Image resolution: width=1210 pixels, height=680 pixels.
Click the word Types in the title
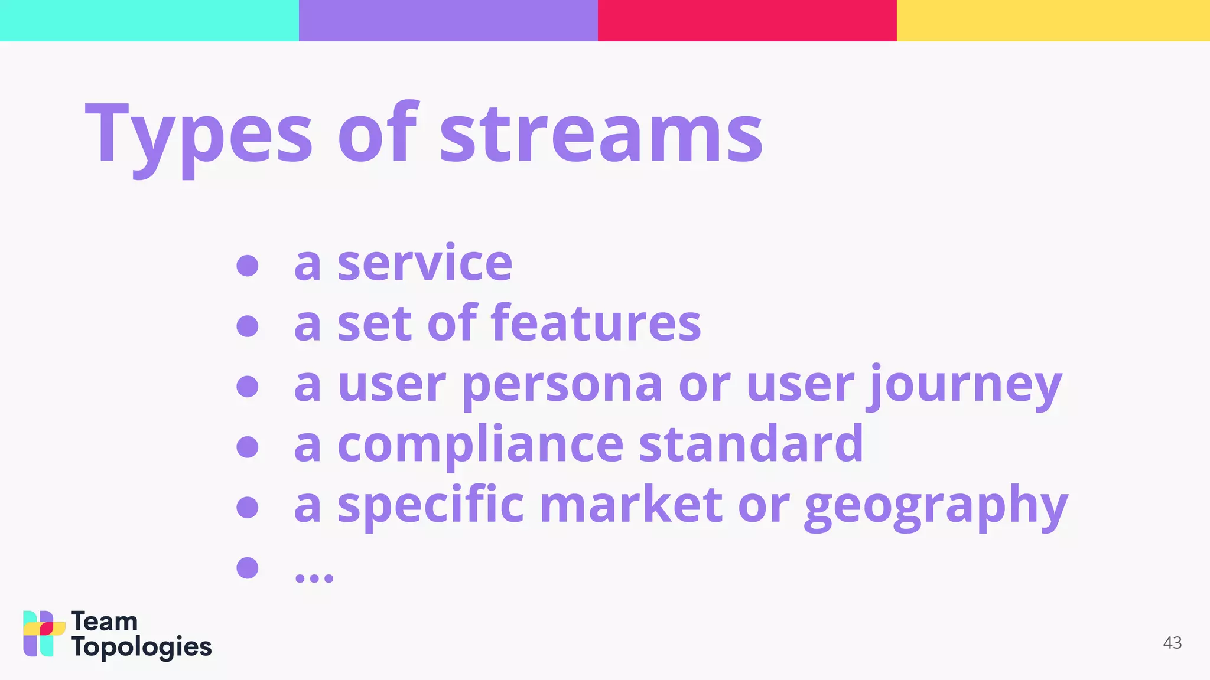(199, 136)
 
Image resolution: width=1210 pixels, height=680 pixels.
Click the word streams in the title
(601, 136)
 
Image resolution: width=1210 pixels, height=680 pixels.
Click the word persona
(562, 385)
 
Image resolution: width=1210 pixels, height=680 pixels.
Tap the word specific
(430, 506)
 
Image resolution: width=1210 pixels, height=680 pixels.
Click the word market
(631, 506)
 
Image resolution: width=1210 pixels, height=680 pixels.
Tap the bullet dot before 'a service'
(247, 265)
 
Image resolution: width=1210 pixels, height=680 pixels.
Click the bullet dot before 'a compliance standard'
(247, 446)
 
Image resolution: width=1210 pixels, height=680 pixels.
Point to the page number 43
(1172, 643)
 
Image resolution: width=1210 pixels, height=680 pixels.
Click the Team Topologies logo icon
(44, 633)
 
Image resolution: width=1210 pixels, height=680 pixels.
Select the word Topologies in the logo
(141, 648)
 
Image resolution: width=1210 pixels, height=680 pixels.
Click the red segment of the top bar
(747, 20)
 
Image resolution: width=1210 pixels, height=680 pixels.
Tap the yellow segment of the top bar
(1053, 20)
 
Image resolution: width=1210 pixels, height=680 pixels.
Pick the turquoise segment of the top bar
(149, 20)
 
